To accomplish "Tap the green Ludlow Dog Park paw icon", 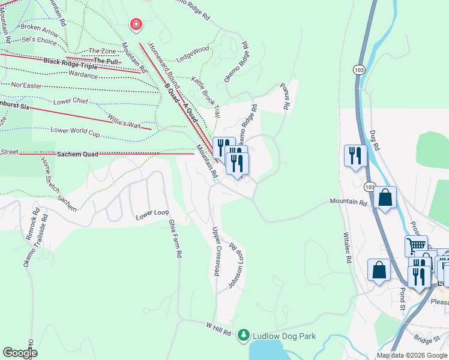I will (244, 334).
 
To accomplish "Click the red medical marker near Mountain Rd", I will (137, 25).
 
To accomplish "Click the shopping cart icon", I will (415, 245).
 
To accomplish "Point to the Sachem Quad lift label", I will (77, 154).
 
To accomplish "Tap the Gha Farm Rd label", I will (175, 238).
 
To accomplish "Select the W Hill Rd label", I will (218, 327).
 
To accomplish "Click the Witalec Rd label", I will (346, 248).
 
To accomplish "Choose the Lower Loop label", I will (152, 214).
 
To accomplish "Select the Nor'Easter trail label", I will (26, 86).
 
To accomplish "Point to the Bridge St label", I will (427, 340).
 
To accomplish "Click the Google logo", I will (20, 353).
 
